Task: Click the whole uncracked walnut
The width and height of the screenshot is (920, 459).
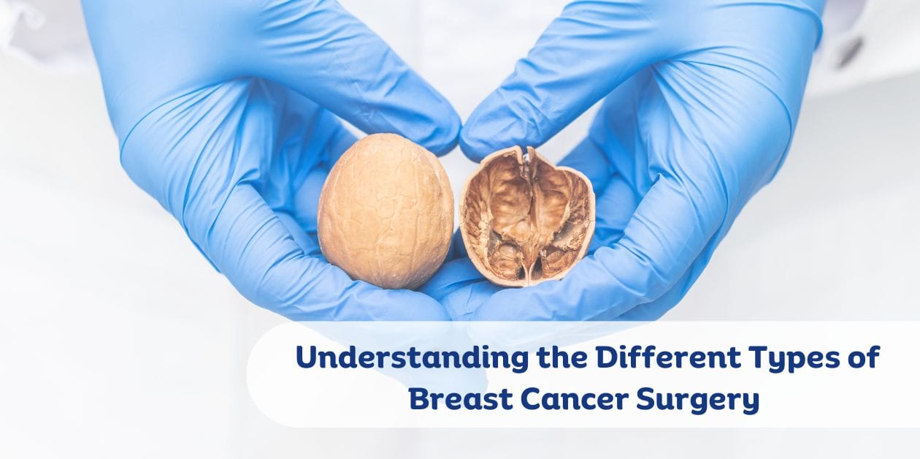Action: (x=386, y=210)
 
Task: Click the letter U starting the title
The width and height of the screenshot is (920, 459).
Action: (x=306, y=358)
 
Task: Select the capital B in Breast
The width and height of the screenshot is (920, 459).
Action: (x=418, y=399)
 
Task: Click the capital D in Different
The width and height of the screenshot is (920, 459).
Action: (x=607, y=358)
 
